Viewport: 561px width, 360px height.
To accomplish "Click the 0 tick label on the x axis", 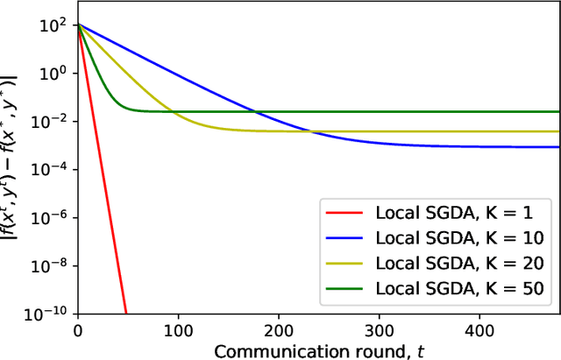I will coord(78,329).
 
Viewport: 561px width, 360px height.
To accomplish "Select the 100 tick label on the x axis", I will coord(179,329).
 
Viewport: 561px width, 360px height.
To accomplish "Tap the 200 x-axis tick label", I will coord(279,329).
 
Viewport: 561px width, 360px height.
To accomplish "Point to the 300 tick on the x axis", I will coord(380,329).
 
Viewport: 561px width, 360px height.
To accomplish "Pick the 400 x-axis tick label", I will coord(479,329).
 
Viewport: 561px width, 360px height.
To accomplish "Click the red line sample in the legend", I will coord(344,212).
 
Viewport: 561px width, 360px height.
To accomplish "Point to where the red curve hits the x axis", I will coord(126,313).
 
